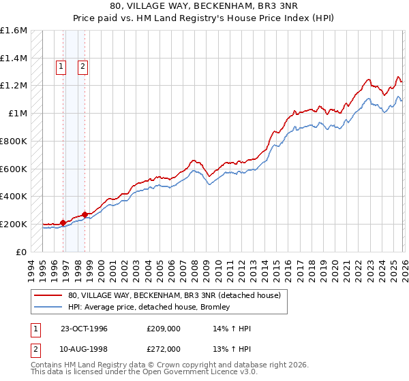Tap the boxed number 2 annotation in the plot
[83, 67]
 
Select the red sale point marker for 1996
[63, 222]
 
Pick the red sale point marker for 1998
[85, 214]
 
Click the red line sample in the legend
[49, 295]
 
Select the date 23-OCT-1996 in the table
[83, 329]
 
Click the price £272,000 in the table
[164, 349]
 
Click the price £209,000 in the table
[164, 329]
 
